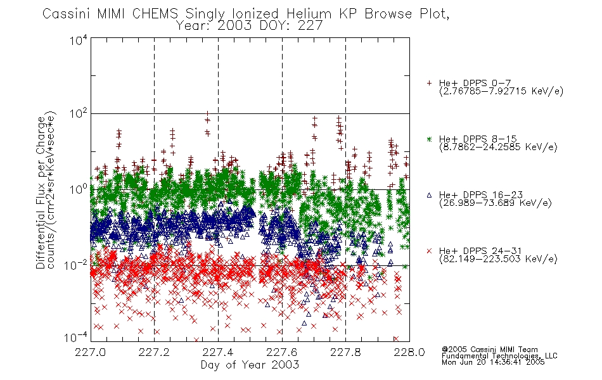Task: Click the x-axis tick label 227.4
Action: tap(218, 353)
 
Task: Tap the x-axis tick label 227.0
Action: tap(90, 353)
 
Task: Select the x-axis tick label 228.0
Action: tap(409, 353)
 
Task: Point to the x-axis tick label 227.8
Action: tap(345, 353)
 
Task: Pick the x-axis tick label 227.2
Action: tap(154, 353)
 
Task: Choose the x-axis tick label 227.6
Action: tap(282, 353)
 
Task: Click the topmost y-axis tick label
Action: tap(79, 40)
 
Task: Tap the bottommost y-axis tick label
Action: tap(75, 338)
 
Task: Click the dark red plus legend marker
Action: tap(429, 83)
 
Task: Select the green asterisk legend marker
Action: tap(429, 139)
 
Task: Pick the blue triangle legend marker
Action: tap(429, 195)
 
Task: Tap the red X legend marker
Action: tap(429, 251)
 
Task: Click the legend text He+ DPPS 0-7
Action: tap(475, 83)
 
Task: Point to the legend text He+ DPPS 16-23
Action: tap(481, 194)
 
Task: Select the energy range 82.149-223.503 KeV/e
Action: tap(498, 259)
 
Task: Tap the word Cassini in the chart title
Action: tap(67, 14)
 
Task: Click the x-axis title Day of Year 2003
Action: tap(250, 365)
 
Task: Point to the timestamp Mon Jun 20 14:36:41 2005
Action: tap(493, 362)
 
